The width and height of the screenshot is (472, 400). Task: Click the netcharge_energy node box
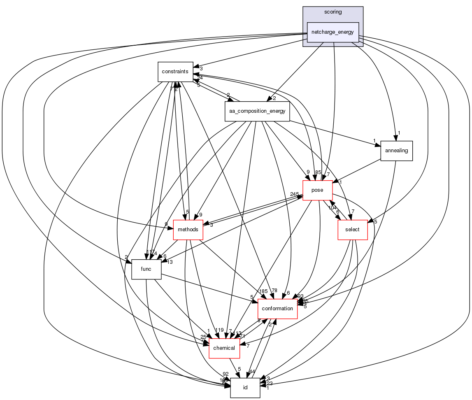pyautogui.click(x=333, y=32)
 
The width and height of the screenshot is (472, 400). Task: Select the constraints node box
pyautogui.click(x=175, y=72)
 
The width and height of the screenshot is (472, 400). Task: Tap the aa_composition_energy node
pyautogui.click(x=257, y=111)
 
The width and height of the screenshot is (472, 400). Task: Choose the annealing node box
pyautogui.click(x=396, y=151)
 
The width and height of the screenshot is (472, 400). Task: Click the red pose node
pyautogui.click(x=317, y=190)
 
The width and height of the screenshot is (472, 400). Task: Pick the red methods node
pyautogui.click(x=188, y=230)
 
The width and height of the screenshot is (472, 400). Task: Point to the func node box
pyautogui.click(x=146, y=269)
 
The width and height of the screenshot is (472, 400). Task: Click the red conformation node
pyautogui.click(x=277, y=309)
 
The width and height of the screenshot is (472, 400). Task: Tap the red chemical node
pyautogui.click(x=224, y=348)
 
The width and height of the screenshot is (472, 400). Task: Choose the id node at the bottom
pyautogui.click(x=245, y=388)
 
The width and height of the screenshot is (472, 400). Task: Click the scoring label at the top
pyautogui.click(x=333, y=12)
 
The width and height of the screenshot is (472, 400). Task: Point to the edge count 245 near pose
pyautogui.click(x=295, y=194)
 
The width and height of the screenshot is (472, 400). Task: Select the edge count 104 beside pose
pyautogui.click(x=332, y=207)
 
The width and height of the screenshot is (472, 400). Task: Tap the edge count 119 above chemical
pyautogui.click(x=219, y=330)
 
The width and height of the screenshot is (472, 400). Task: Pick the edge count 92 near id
pyautogui.click(x=226, y=374)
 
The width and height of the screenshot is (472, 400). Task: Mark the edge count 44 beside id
pyautogui.click(x=252, y=372)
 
